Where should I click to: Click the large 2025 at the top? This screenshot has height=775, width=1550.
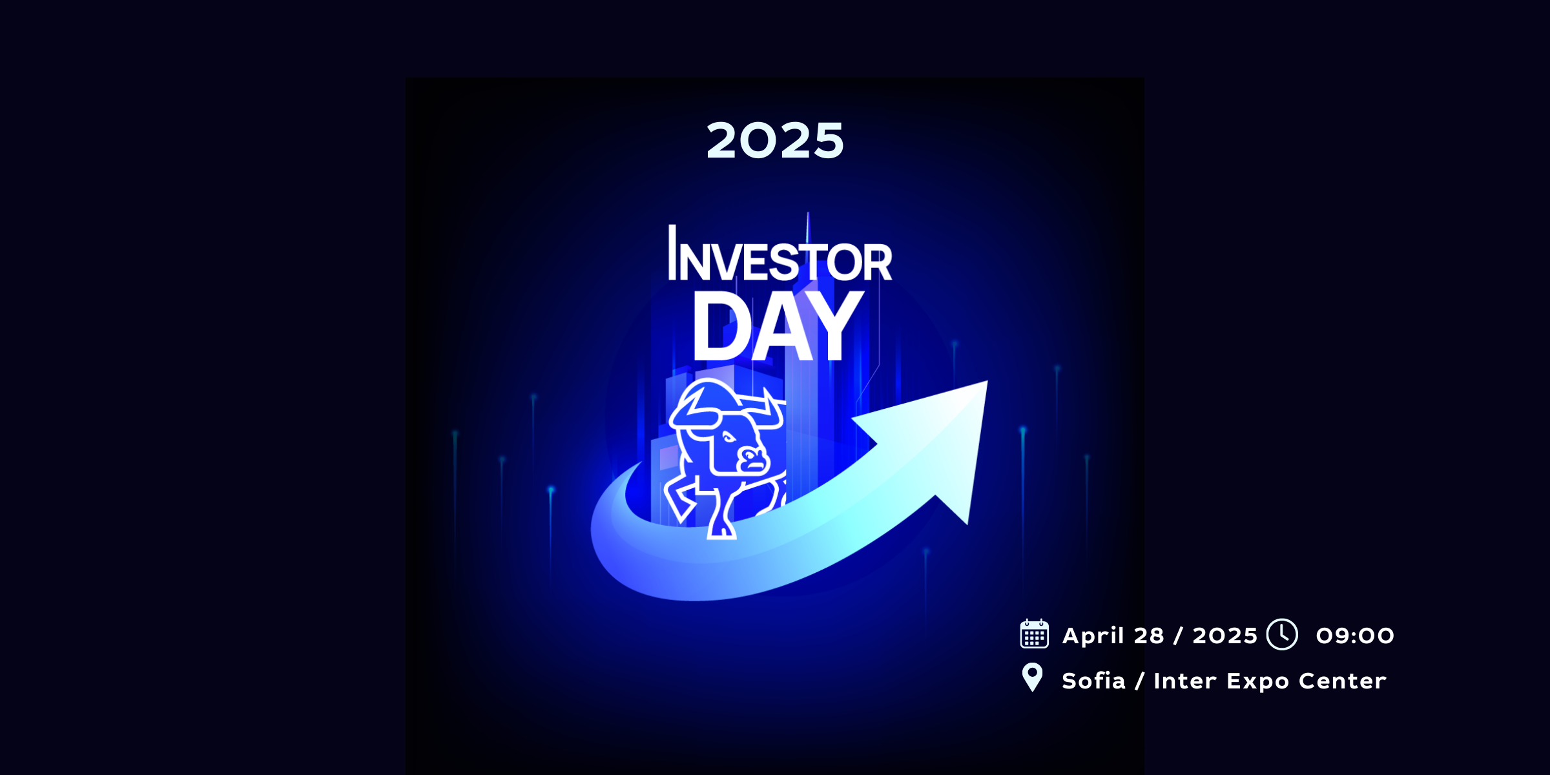(x=775, y=140)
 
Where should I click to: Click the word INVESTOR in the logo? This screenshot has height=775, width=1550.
(x=780, y=253)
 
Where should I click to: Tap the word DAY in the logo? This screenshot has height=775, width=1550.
(x=778, y=326)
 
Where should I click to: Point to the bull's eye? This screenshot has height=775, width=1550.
(x=728, y=439)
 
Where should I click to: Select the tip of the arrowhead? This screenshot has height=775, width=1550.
(x=987, y=381)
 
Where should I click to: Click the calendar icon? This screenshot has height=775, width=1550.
(x=1034, y=634)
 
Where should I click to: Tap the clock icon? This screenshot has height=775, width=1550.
(x=1282, y=634)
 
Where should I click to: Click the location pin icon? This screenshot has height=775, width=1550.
(x=1032, y=677)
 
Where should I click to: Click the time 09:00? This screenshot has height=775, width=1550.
(x=1355, y=635)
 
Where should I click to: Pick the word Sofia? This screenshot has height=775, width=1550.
(x=1093, y=681)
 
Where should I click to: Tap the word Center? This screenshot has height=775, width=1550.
(x=1343, y=681)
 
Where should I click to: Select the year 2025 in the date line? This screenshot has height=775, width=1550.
(x=1225, y=635)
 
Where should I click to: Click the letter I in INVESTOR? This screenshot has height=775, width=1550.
(x=672, y=253)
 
